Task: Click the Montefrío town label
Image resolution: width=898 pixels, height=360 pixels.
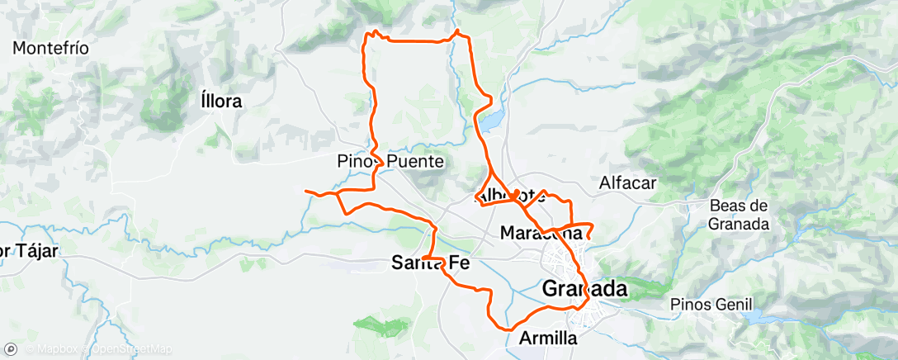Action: tap(50, 48)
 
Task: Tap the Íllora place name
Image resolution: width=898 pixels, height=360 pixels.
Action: tap(221, 102)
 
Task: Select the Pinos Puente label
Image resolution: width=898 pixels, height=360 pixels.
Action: tap(391, 162)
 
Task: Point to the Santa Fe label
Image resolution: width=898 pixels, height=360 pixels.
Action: tap(430, 264)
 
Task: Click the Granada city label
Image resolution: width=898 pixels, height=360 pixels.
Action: tap(585, 289)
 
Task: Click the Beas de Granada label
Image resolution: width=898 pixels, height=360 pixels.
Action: tap(739, 214)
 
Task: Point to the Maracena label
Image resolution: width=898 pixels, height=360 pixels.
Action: tap(541, 234)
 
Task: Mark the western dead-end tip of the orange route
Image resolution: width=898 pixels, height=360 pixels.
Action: tap(306, 192)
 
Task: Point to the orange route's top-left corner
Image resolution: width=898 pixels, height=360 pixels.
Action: tap(368, 34)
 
